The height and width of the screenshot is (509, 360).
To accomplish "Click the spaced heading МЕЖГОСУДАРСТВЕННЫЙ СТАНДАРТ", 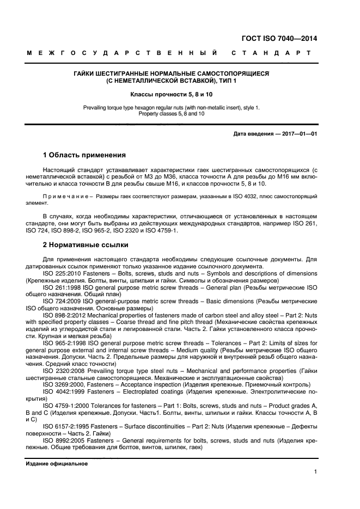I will pyautogui.click(x=169, y=53).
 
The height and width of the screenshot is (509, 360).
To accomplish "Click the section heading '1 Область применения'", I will pyautogui.click(x=84, y=155).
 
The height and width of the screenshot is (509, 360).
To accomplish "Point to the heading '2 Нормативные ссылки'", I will pyautogui.click(x=86, y=246).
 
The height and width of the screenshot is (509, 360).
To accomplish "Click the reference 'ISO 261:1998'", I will pyautogui.click(x=60, y=286).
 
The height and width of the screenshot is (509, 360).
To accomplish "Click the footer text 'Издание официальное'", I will pyautogui.click(x=56, y=464).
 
